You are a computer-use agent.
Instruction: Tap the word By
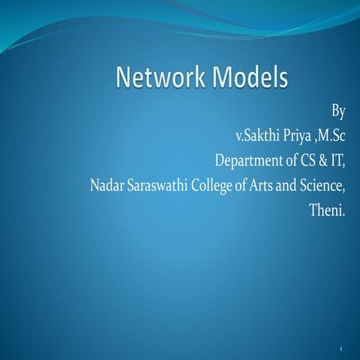coord(337,112)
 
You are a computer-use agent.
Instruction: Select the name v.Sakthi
coord(259,136)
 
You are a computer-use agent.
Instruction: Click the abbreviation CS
coord(301,160)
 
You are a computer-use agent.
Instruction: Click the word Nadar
coord(104,185)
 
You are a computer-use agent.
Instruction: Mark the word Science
coord(324,184)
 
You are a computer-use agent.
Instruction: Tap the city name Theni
coord(328,209)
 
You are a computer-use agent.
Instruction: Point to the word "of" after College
coord(241,184)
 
